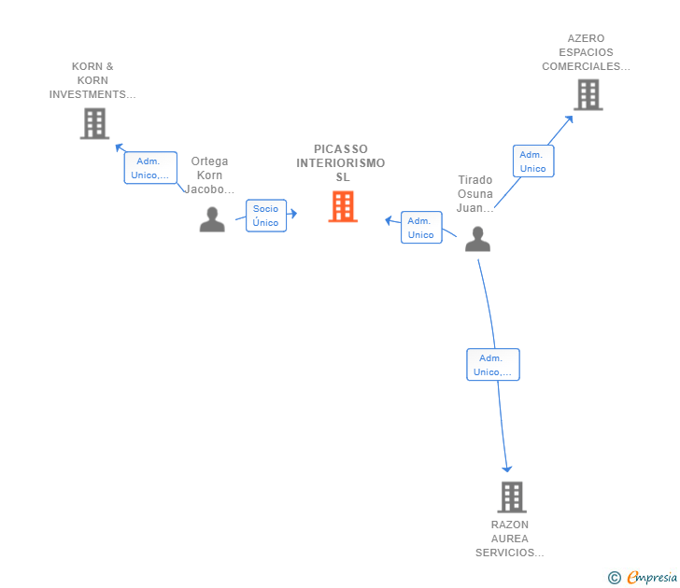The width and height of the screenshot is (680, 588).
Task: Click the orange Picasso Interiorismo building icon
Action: click(343, 206)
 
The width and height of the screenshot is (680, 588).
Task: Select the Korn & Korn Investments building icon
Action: click(94, 123)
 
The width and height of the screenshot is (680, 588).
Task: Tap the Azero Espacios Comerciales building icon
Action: click(588, 94)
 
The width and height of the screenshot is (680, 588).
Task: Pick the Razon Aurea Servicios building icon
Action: click(512, 497)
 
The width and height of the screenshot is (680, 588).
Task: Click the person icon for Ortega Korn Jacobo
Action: click(212, 219)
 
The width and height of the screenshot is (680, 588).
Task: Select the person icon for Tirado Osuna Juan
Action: click(477, 239)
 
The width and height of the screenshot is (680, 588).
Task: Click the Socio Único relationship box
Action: click(266, 216)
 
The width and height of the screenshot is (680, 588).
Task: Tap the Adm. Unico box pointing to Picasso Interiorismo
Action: click(421, 228)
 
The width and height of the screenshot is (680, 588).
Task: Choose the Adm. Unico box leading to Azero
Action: click(533, 161)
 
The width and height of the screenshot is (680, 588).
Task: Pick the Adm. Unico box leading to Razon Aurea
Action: click(492, 365)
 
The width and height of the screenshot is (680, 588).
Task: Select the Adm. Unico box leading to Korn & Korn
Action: click(150, 168)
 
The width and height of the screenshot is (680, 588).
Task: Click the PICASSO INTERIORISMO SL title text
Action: click(341, 163)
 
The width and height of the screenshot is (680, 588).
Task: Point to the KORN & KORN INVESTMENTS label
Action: click(92, 80)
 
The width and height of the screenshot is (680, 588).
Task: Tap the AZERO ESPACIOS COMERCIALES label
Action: click(586, 52)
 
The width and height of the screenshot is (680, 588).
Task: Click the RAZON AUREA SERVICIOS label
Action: click(510, 539)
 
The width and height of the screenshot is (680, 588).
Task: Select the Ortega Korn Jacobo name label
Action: click(209, 175)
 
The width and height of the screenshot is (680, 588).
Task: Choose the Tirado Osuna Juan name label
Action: click(475, 194)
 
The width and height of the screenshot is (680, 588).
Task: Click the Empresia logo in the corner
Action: click(643, 577)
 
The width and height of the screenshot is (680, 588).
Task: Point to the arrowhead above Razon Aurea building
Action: click(506, 469)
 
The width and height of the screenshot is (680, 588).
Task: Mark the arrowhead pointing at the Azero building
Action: click(569, 119)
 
